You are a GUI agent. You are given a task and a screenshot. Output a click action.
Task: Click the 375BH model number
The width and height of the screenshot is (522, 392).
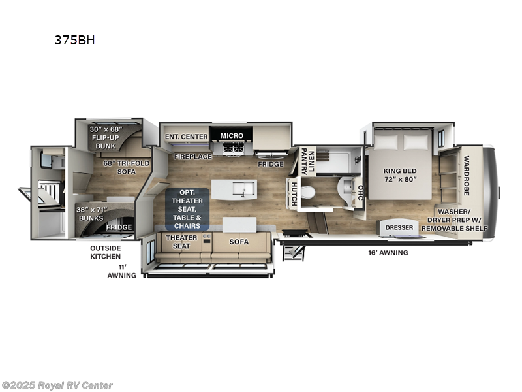74,40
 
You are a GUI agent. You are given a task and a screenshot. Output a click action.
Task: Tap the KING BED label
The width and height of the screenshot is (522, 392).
400,171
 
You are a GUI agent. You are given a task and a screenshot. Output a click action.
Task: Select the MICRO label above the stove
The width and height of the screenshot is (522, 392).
232,136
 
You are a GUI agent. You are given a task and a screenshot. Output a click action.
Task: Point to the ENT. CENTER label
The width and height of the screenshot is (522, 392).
187,137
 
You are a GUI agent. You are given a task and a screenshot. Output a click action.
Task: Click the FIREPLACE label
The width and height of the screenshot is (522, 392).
192,156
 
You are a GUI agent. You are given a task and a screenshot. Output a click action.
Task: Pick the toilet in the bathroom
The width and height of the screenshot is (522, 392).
307,192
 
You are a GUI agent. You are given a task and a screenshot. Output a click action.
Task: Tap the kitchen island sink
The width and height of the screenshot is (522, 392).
243,189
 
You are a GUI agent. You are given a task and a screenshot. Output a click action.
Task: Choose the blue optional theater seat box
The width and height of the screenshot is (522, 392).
187,209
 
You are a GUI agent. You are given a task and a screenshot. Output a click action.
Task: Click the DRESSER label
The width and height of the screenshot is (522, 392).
399,227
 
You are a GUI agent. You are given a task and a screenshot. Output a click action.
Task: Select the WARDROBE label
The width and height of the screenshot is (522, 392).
466,176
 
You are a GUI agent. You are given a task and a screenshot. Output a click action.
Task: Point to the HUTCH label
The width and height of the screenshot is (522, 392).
294,193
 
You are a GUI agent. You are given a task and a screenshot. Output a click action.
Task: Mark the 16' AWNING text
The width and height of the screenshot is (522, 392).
388,253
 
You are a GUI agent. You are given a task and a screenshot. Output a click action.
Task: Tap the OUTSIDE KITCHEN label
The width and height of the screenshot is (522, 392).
105,252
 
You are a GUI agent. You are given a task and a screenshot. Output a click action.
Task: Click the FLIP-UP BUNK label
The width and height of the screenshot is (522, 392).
106,142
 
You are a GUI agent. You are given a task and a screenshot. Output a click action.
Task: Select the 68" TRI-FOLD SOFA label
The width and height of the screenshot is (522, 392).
127,167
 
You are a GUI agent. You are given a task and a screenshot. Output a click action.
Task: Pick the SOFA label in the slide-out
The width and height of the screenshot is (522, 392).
239,242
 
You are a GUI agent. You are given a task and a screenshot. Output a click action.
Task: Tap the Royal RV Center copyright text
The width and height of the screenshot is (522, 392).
57,385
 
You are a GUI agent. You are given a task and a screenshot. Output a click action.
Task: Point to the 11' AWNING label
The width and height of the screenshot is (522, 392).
122,271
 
